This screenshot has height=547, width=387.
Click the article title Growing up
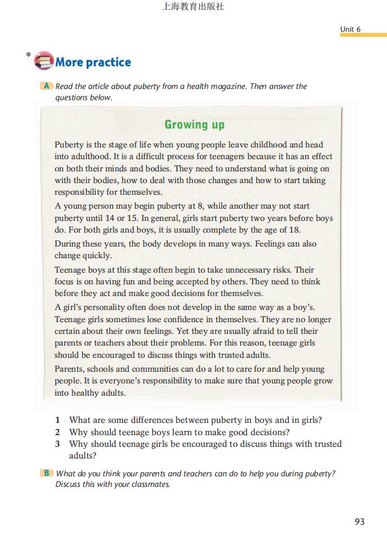[x=194, y=125]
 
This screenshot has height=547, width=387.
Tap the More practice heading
[x=93, y=62]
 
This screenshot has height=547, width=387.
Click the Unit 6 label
[x=350, y=29]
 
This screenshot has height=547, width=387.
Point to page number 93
[x=359, y=521]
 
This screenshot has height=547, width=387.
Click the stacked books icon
[x=44, y=61]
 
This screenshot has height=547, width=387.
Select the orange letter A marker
[x=47, y=86]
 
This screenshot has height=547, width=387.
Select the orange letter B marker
[x=47, y=474]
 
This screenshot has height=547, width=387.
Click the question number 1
[x=57, y=420]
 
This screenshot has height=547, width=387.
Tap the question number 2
[x=57, y=432]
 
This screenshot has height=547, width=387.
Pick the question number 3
[x=57, y=443]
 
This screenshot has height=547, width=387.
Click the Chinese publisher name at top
[x=193, y=7]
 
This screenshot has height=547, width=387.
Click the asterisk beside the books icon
[x=28, y=55]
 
